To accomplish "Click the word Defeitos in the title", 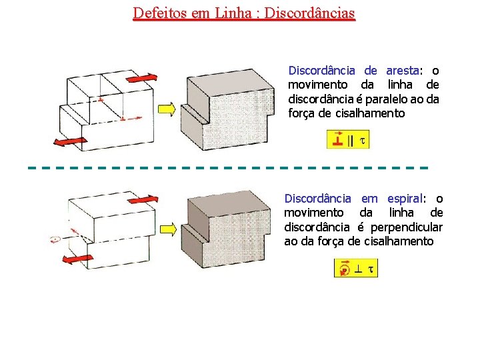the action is coord(157,13).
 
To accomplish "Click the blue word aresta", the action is coord(401,71).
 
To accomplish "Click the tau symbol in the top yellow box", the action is coord(362,140).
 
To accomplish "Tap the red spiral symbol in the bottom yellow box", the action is coord(343,269).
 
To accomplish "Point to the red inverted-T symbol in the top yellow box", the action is coord(338,140).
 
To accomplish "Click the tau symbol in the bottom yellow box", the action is coord(371,269).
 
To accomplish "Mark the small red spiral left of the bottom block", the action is coord(56,239).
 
